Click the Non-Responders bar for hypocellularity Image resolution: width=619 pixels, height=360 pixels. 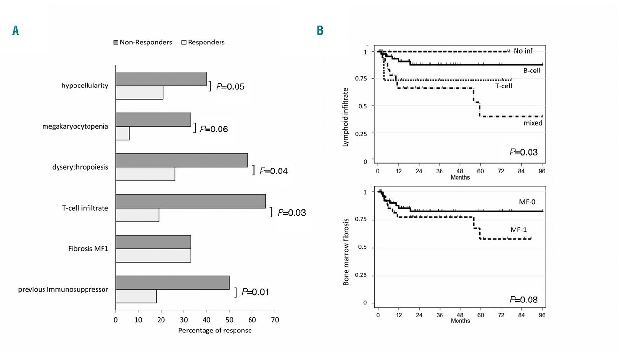tap(161, 79)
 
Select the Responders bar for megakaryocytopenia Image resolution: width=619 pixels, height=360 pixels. tap(122, 133)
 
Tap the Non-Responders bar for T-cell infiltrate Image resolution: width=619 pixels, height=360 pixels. tap(191, 201)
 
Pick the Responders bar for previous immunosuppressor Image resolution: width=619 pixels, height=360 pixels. tap(136, 296)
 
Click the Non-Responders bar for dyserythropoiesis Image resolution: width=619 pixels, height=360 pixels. tap(181, 160)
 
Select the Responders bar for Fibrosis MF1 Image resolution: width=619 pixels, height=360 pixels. tap(153, 256)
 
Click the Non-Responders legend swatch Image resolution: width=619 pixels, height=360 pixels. tap(116, 43)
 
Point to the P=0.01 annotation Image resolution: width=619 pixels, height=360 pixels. tap(255, 292)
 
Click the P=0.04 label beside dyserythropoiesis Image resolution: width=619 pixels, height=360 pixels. tap(274, 171)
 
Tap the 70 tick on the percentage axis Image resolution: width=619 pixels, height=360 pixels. tap(275, 320)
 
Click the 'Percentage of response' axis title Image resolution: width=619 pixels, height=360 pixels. tap(215, 331)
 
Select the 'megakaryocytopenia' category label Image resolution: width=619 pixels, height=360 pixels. tap(75, 127)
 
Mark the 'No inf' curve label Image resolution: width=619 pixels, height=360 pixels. tap(523, 51)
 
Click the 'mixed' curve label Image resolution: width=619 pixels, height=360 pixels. tap(532, 123)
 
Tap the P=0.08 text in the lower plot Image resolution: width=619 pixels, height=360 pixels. tap(524, 300)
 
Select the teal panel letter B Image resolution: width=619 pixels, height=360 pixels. tap(320, 31)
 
